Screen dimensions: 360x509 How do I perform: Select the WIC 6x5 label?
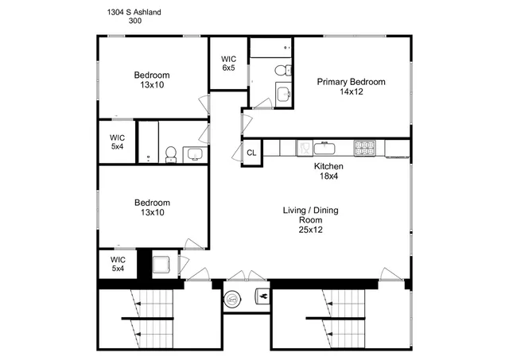coord(229,63)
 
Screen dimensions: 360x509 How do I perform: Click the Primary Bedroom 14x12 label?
coord(351,87)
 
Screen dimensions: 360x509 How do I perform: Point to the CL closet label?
coord(251,153)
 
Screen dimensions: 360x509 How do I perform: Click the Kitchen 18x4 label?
coord(328,171)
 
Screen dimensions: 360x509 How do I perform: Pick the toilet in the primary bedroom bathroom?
coord(282,71)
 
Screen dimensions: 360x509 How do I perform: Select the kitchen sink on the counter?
coord(324,147)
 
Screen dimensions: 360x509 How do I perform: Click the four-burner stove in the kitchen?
coord(364,147)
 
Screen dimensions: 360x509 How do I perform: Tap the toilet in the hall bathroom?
coord(171,154)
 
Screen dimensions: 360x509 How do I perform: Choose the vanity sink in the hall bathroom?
coord(194,153)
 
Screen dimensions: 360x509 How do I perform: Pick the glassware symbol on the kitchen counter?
coord(303,147)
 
